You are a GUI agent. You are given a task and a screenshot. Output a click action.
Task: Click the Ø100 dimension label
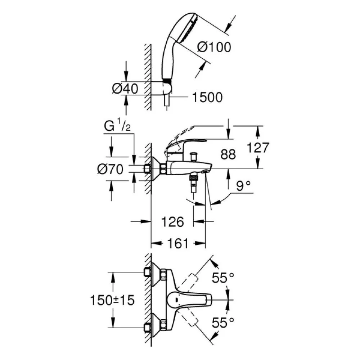(x=214, y=47)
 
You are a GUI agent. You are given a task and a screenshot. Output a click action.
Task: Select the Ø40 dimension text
(x=125, y=89)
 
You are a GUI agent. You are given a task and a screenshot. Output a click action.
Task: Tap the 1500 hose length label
(x=207, y=97)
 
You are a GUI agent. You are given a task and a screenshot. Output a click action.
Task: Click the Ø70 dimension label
(x=111, y=170)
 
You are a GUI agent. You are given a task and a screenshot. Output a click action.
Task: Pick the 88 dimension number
(x=228, y=154)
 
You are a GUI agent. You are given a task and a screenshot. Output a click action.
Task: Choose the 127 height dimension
(x=258, y=148)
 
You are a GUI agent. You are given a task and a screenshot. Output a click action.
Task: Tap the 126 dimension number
(x=173, y=222)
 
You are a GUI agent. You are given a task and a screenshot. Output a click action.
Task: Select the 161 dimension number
(x=178, y=243)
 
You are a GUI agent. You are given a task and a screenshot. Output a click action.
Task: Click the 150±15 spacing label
(x=112, y=300)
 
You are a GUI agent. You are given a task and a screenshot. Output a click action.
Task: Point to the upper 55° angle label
(x=223, y=278)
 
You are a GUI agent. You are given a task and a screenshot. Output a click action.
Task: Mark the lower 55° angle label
(x=223, y=323)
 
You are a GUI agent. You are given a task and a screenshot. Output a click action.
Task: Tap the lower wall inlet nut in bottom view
(x=147, y=327)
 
